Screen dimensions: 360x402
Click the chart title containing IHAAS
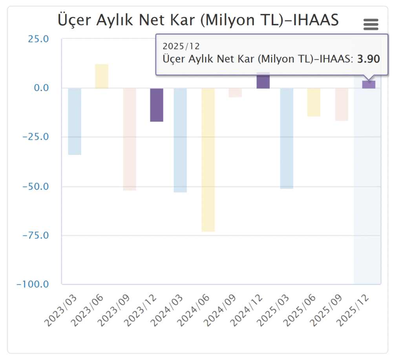pyautogui.click(x=198, y=20)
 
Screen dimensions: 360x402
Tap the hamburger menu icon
pyautogui.click(x=371, y=24)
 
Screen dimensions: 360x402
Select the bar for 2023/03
pyautogui.click(x=75, y=121)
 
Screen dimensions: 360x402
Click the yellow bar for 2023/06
pyautogui.click(x=102, y=76)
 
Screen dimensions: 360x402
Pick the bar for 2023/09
pyautogui.click(x=129, y=139)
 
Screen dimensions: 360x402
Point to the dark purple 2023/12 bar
pyautogui.click(x=157, y=105)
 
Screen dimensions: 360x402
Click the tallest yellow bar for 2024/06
pyautogui.click(x=208, y=160)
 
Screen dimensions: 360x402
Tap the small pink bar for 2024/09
pyautogui.click(x=235, y=93)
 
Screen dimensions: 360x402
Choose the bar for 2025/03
pyautogui.click(x=287, y=138)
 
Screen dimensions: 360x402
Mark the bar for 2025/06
pyautogui.click(x=314, y=102)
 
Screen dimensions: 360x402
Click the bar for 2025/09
pyautogui.click(x=342, y=104)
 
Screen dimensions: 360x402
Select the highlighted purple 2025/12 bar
pyautogui.click(x=369, y=84)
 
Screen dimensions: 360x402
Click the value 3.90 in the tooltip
pyautogui.click(x=368, y=59)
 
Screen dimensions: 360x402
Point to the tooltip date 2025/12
pyautogui.click(x=176, y=46)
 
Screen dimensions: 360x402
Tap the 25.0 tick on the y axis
pyautogui.click(x=38, y=39)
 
